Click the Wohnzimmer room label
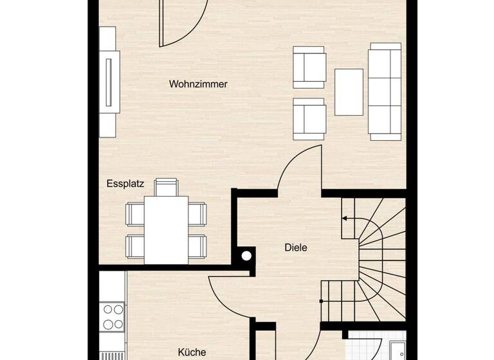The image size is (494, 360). (x=198, y=84)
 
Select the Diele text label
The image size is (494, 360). (x=296, y=247)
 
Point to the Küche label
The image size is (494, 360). (x=192, y=352)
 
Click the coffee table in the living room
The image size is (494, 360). (x=349, y=92)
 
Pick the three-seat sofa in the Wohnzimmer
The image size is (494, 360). (x=384, y=91)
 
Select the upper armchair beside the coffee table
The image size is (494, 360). (x=309, y=67)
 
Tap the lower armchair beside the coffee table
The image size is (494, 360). (x=309, y=119)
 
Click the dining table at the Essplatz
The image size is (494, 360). (x=166, y=228)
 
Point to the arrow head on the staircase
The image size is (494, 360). (x=345, y=219)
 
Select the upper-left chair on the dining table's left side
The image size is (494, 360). (x=135, y=213)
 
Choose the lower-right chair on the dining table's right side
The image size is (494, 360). (x=197, y=244)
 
